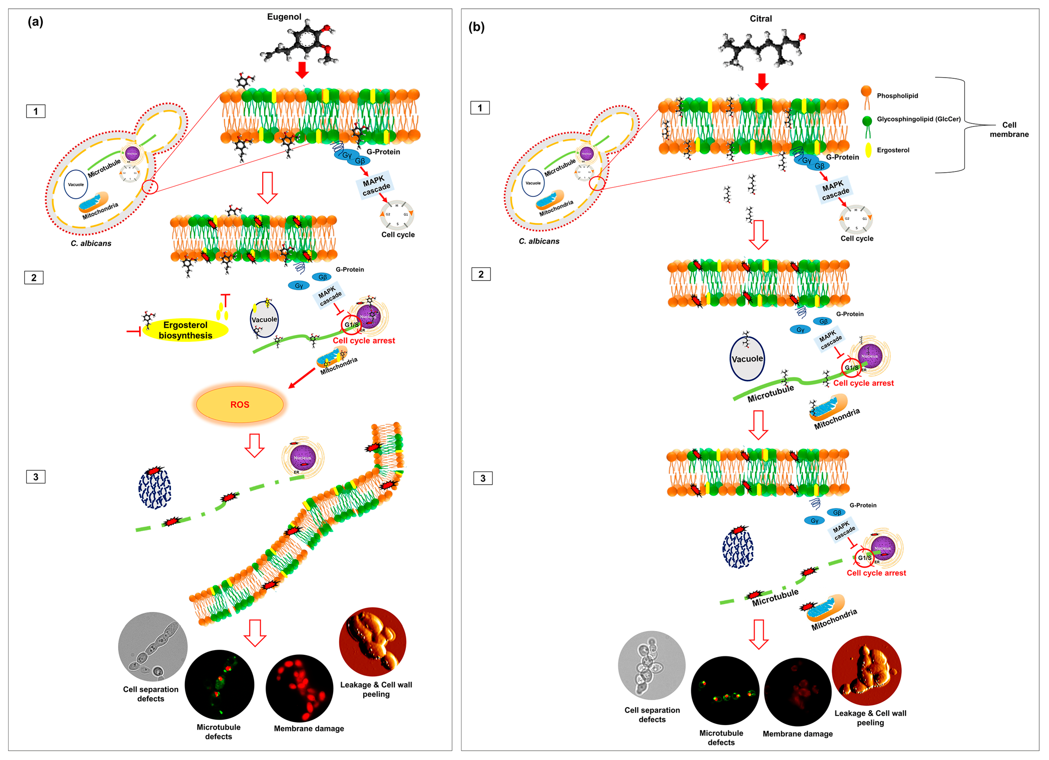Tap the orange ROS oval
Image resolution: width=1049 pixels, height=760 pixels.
pyautogui.click(x=240, y=404)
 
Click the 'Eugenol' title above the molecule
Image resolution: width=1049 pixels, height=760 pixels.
pyautogui.click(x=284, y=17)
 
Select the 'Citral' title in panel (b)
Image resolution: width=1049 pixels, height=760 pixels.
pyautogui.click(x=761, y=18)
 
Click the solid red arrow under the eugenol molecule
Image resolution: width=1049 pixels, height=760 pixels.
pyautogui.click(x=302, y=70)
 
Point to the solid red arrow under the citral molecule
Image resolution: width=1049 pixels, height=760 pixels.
pyautogui.click(x=761, y=81)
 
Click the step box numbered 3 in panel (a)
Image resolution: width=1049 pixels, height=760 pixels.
pyautogui.click(x=36, y=477)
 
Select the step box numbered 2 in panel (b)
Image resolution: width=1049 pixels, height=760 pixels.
pyautogui.click(x=480, y=274)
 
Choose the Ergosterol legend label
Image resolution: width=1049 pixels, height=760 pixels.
pyautogui.click(x=893, y=150)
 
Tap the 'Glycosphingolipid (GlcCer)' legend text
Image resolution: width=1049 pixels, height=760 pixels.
pyautogui.click(x=918, y=119)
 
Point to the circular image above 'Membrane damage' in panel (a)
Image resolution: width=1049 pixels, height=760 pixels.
pyautogui.click(x=299, y=688)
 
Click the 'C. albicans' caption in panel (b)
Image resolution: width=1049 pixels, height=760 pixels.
pyautogui.click(x=539, y=241)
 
